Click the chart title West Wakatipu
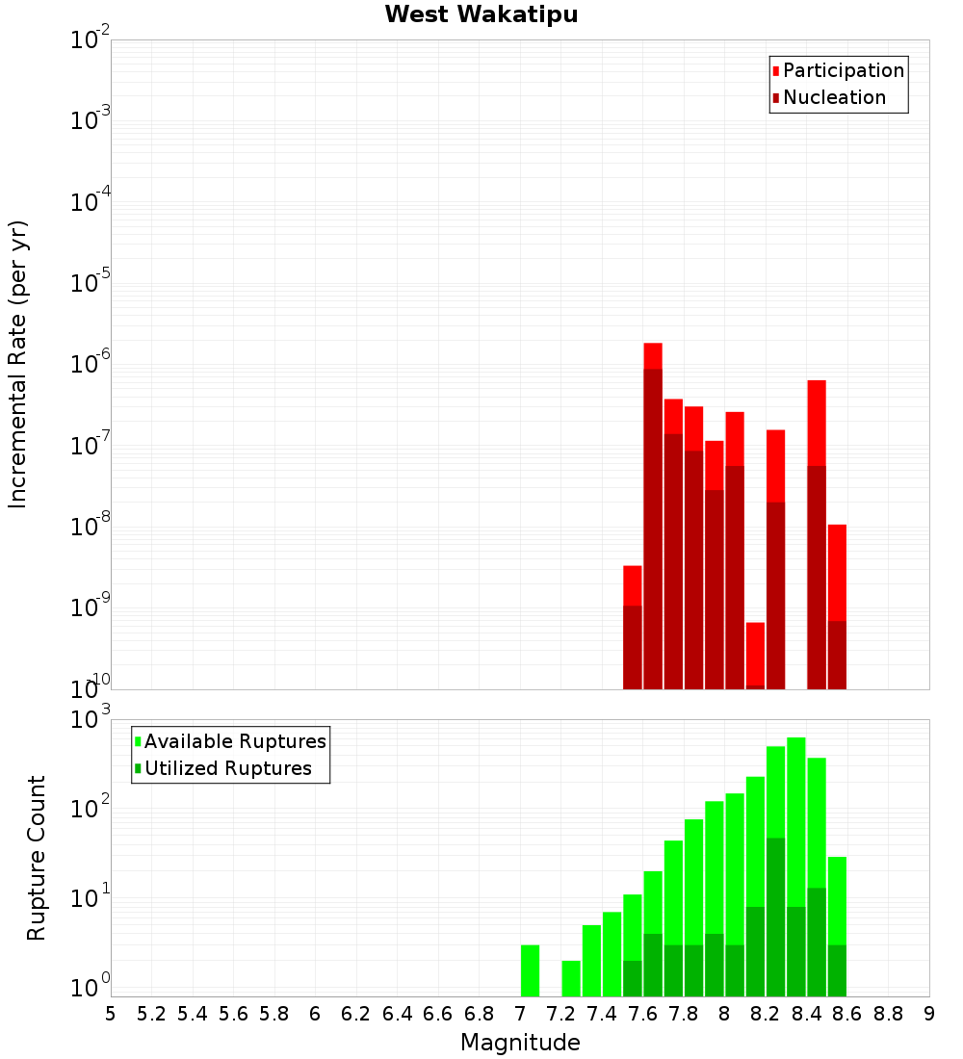click(481, 15)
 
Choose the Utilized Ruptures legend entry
click(227, 768)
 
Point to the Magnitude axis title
click(520, 1043)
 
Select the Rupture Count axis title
click(37, 858)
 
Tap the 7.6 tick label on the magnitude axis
click(643, 1014)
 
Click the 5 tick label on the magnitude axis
click(111, 1014)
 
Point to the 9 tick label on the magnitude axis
click(929, 1014)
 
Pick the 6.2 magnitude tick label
click(356, 1014)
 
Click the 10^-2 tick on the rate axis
click(90, 40)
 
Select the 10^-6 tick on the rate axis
click(90, 365)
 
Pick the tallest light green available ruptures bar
click(796, 818)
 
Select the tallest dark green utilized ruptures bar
click(776, 915)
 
